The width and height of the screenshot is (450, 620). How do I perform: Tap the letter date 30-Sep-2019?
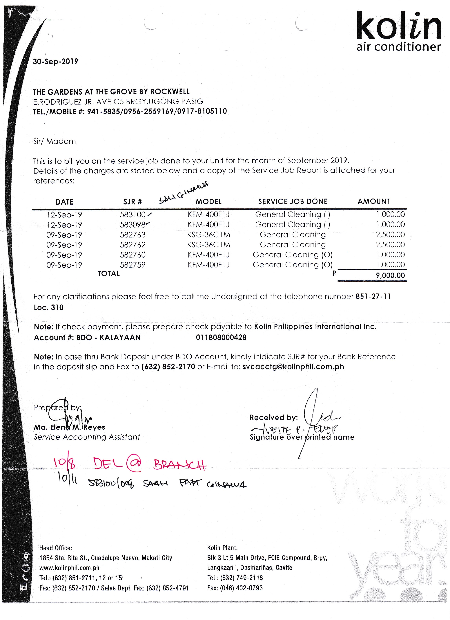pos(55,62)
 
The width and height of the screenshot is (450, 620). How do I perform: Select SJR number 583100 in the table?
pos(133,215)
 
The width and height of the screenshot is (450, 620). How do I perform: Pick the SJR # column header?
pos(133,202)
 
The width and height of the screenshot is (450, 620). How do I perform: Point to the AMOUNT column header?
pos(373,201)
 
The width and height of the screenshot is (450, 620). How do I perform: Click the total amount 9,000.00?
pos(390,275)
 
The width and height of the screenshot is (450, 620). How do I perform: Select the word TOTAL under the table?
pos(109,274)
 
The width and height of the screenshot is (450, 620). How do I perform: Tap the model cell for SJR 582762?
pos(208,245)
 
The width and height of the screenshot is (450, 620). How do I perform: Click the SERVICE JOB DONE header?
pos(293,201)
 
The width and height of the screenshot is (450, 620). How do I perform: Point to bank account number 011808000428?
pos(221,338)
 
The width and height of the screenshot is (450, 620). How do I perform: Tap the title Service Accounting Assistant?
pos(87,437)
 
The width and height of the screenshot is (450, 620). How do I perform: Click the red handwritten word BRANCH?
pos(180,464)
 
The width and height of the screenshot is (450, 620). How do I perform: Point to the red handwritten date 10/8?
pos(64,463)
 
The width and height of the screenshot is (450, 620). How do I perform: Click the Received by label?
pos(273,417)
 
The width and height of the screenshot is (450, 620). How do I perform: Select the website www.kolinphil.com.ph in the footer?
pos(69,568)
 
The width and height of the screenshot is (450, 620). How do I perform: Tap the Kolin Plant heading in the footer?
pos(222,548)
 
